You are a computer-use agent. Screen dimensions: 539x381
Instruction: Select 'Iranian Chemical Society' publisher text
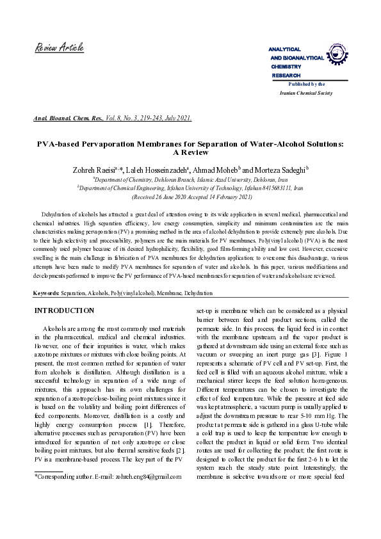coord(306,93)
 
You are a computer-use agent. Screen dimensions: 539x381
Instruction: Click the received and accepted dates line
coord(190,198)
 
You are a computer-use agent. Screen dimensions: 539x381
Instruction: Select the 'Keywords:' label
coord(46,293)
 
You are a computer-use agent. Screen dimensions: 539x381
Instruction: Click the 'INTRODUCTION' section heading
coord(63,310)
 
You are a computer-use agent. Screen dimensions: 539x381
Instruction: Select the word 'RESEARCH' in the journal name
coord(286,76)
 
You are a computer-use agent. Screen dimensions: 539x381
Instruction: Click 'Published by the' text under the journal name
coord(307,84)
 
